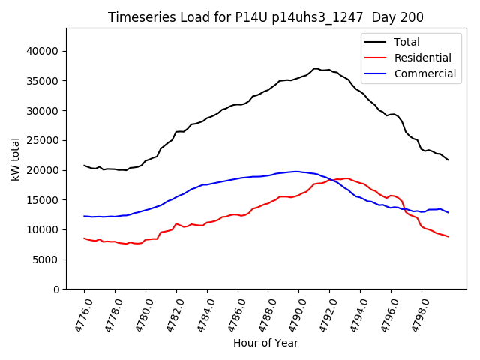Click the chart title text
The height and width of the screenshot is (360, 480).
click(x=265, y=17)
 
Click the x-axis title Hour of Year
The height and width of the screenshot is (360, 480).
click(x=265, y=343)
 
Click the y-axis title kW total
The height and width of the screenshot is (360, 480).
click(x=15, y=158)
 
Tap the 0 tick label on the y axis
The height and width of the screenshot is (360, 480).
click(x=56, y=289)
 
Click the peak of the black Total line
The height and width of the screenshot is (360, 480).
click(x=316, y=68)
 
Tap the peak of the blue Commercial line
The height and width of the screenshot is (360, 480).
click(x=296, y=171)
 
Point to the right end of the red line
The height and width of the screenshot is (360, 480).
click(x=448, y=237)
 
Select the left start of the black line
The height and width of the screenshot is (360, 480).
click(x=84, y=166)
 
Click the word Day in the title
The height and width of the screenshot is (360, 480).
click(x=390, y=17)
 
